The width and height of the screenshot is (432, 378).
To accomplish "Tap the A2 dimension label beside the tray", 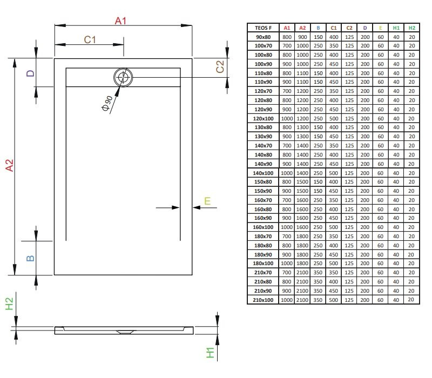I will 9,166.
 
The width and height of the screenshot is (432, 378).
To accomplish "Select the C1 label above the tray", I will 90,39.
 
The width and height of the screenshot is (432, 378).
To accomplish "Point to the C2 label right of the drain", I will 220,66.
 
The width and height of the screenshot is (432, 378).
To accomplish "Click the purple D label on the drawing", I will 31,73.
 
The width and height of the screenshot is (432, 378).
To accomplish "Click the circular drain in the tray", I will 123,77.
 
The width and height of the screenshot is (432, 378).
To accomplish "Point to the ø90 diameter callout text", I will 106,103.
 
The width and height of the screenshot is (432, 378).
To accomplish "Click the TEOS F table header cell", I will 263,28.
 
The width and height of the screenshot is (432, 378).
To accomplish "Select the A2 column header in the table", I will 302,28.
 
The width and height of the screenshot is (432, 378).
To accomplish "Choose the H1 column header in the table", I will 396,28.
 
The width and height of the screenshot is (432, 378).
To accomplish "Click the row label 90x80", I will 263,37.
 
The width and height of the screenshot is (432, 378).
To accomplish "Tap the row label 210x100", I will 263,300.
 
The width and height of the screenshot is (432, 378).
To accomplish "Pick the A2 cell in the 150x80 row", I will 302,182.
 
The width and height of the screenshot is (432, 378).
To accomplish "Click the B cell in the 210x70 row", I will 318,273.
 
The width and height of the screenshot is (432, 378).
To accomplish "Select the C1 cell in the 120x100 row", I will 334,118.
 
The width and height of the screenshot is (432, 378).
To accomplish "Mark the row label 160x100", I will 263,227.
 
